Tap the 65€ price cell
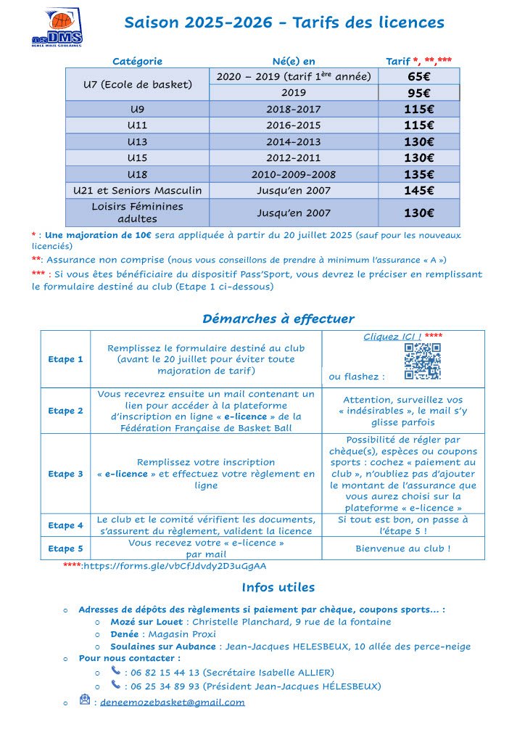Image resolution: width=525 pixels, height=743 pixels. point(418,76)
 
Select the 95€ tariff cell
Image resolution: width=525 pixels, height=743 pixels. point(418,93)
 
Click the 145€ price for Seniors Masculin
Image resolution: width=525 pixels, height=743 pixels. point(418,191)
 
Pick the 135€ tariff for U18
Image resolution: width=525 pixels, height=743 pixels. point(418,174)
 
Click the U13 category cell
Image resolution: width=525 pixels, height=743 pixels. point(137,141)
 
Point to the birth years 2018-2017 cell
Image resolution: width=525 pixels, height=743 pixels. point(294,109)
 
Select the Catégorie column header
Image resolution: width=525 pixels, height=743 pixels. point(137,62)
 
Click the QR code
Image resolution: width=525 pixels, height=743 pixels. point(422,361)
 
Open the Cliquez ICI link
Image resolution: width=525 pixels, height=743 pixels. point(392,337)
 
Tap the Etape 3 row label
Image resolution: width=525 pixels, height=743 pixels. point(65,474)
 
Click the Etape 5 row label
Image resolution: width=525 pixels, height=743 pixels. point(65,549)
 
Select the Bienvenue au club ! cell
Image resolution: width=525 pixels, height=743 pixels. point(402,549)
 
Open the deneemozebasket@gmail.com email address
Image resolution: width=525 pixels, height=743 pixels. point(172,702)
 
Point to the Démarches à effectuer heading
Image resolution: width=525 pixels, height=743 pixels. point(278,319)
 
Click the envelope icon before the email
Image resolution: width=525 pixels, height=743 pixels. point(85,700)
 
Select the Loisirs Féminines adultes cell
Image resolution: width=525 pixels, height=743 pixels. point(137,213)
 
